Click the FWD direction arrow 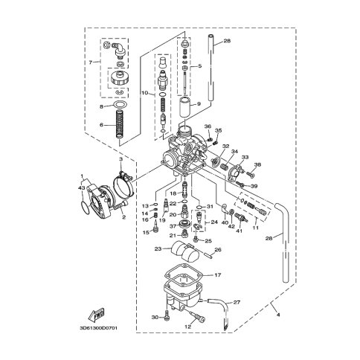96,314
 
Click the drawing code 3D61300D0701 98,328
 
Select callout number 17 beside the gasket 218,275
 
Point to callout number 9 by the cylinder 199,104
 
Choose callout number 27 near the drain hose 237,302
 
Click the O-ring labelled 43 85,209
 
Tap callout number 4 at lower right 278,315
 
